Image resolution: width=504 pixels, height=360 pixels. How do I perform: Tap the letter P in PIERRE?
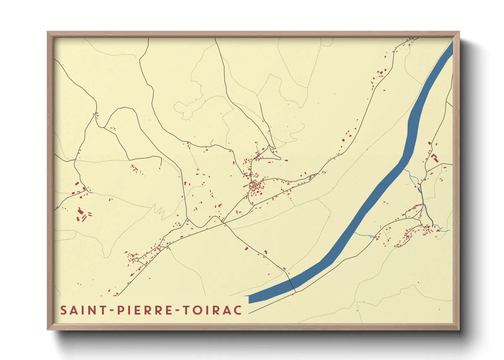[x=120, y=310]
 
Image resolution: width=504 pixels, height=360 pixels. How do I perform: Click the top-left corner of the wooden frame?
[x=48, y=32]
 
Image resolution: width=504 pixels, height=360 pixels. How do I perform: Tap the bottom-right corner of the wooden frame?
[x=459, y=329]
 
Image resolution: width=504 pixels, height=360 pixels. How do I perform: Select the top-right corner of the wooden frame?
[x=459, y=32]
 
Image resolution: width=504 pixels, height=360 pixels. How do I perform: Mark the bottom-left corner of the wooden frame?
[x=48, y=329]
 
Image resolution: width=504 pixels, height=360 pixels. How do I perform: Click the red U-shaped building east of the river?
[x=434, y=158]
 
